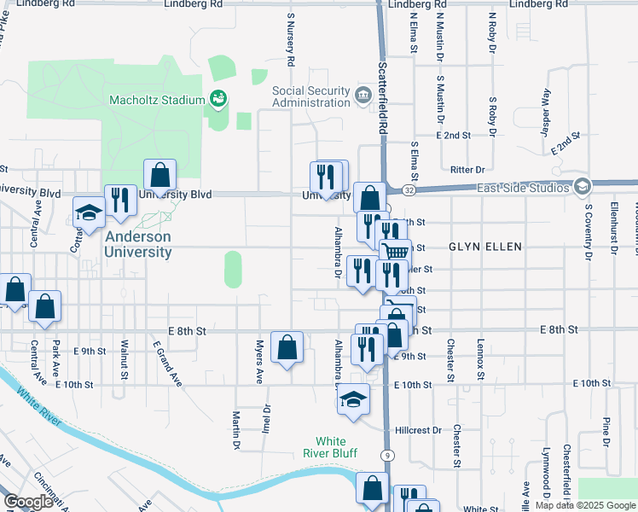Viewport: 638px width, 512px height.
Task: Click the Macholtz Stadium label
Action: tap(156, 100)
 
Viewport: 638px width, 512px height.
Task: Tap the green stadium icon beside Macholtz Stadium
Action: tap(218, 100)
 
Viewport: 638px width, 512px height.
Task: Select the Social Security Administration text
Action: tap(311, 96)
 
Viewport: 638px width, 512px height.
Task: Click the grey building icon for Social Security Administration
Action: tap(363, 92)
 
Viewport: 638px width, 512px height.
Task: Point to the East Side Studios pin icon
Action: tap(583, 186)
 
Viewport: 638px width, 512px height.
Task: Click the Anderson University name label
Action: tap(138, 244)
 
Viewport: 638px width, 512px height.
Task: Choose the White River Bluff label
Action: tap(333, 446)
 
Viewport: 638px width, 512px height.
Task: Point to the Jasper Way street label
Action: tap(544, 112)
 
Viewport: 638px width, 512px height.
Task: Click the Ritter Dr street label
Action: tap(468, 170)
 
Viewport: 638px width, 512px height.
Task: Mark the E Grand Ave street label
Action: tap(169, 364)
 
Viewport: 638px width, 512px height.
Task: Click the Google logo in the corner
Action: tap(28, 502)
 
